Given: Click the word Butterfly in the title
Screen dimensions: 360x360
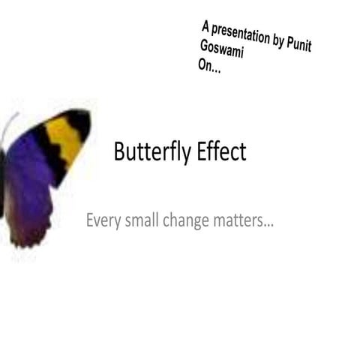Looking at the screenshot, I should tap(153, 153).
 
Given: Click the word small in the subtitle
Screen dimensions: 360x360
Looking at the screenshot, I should tap(140, 221).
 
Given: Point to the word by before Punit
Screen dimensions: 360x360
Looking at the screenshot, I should tap(278, 41).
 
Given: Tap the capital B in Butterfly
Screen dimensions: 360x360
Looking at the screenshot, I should tap(119, 152).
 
